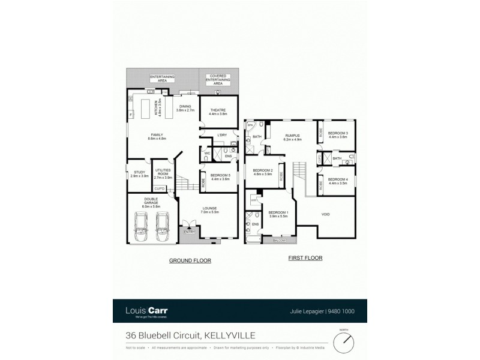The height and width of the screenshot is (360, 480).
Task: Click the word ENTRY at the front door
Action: tap(190, 232)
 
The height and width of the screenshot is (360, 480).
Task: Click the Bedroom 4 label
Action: tap(338, 181)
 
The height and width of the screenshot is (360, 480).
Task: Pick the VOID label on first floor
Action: tap(326, 214)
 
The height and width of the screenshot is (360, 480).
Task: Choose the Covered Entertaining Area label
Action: tap(218, 80)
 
